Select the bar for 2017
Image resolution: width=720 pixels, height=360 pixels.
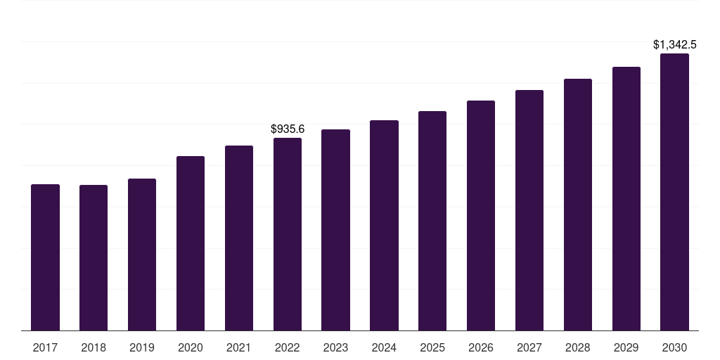45,257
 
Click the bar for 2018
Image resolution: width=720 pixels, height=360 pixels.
94,257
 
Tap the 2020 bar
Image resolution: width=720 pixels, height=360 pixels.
191,243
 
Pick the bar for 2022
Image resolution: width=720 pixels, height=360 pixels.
288,234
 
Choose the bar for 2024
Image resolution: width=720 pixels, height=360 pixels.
385,226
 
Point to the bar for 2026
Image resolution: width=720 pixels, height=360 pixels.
481,215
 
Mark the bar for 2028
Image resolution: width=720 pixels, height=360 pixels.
578,205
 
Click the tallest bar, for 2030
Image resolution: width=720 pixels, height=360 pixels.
674,192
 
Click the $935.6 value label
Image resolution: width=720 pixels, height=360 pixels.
288,129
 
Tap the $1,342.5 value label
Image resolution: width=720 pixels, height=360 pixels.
674,44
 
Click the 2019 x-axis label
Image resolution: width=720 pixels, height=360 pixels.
142,347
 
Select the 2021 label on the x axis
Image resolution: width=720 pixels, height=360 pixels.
239,347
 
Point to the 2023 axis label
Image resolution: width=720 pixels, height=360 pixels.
335,347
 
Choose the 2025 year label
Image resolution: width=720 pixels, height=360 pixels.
432,347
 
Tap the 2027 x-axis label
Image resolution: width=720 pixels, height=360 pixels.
529,347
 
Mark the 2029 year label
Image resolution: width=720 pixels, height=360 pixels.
626,347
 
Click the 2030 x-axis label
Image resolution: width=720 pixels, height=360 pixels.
674,347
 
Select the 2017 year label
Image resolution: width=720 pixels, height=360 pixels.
45,347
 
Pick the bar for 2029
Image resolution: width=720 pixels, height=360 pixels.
626,199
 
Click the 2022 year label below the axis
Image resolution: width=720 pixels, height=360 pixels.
288,347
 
